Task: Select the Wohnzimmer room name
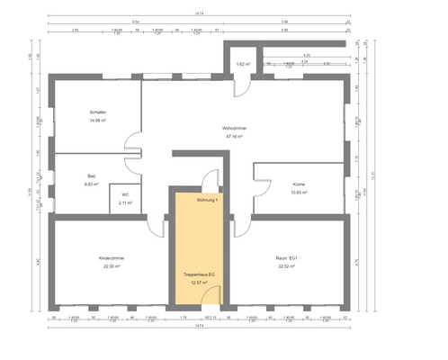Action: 235,128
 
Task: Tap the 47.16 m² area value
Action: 235,137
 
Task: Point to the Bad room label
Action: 92,175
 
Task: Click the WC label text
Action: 125,193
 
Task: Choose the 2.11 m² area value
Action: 125,202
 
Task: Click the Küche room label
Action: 299,183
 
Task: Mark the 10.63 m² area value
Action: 299,192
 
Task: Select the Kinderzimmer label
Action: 112,257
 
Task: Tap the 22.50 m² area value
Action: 112,266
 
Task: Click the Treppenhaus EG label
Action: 197,273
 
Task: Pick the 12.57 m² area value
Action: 197,282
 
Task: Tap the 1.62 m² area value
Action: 242,65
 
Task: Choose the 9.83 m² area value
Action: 92,184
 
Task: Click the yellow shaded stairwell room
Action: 197,243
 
